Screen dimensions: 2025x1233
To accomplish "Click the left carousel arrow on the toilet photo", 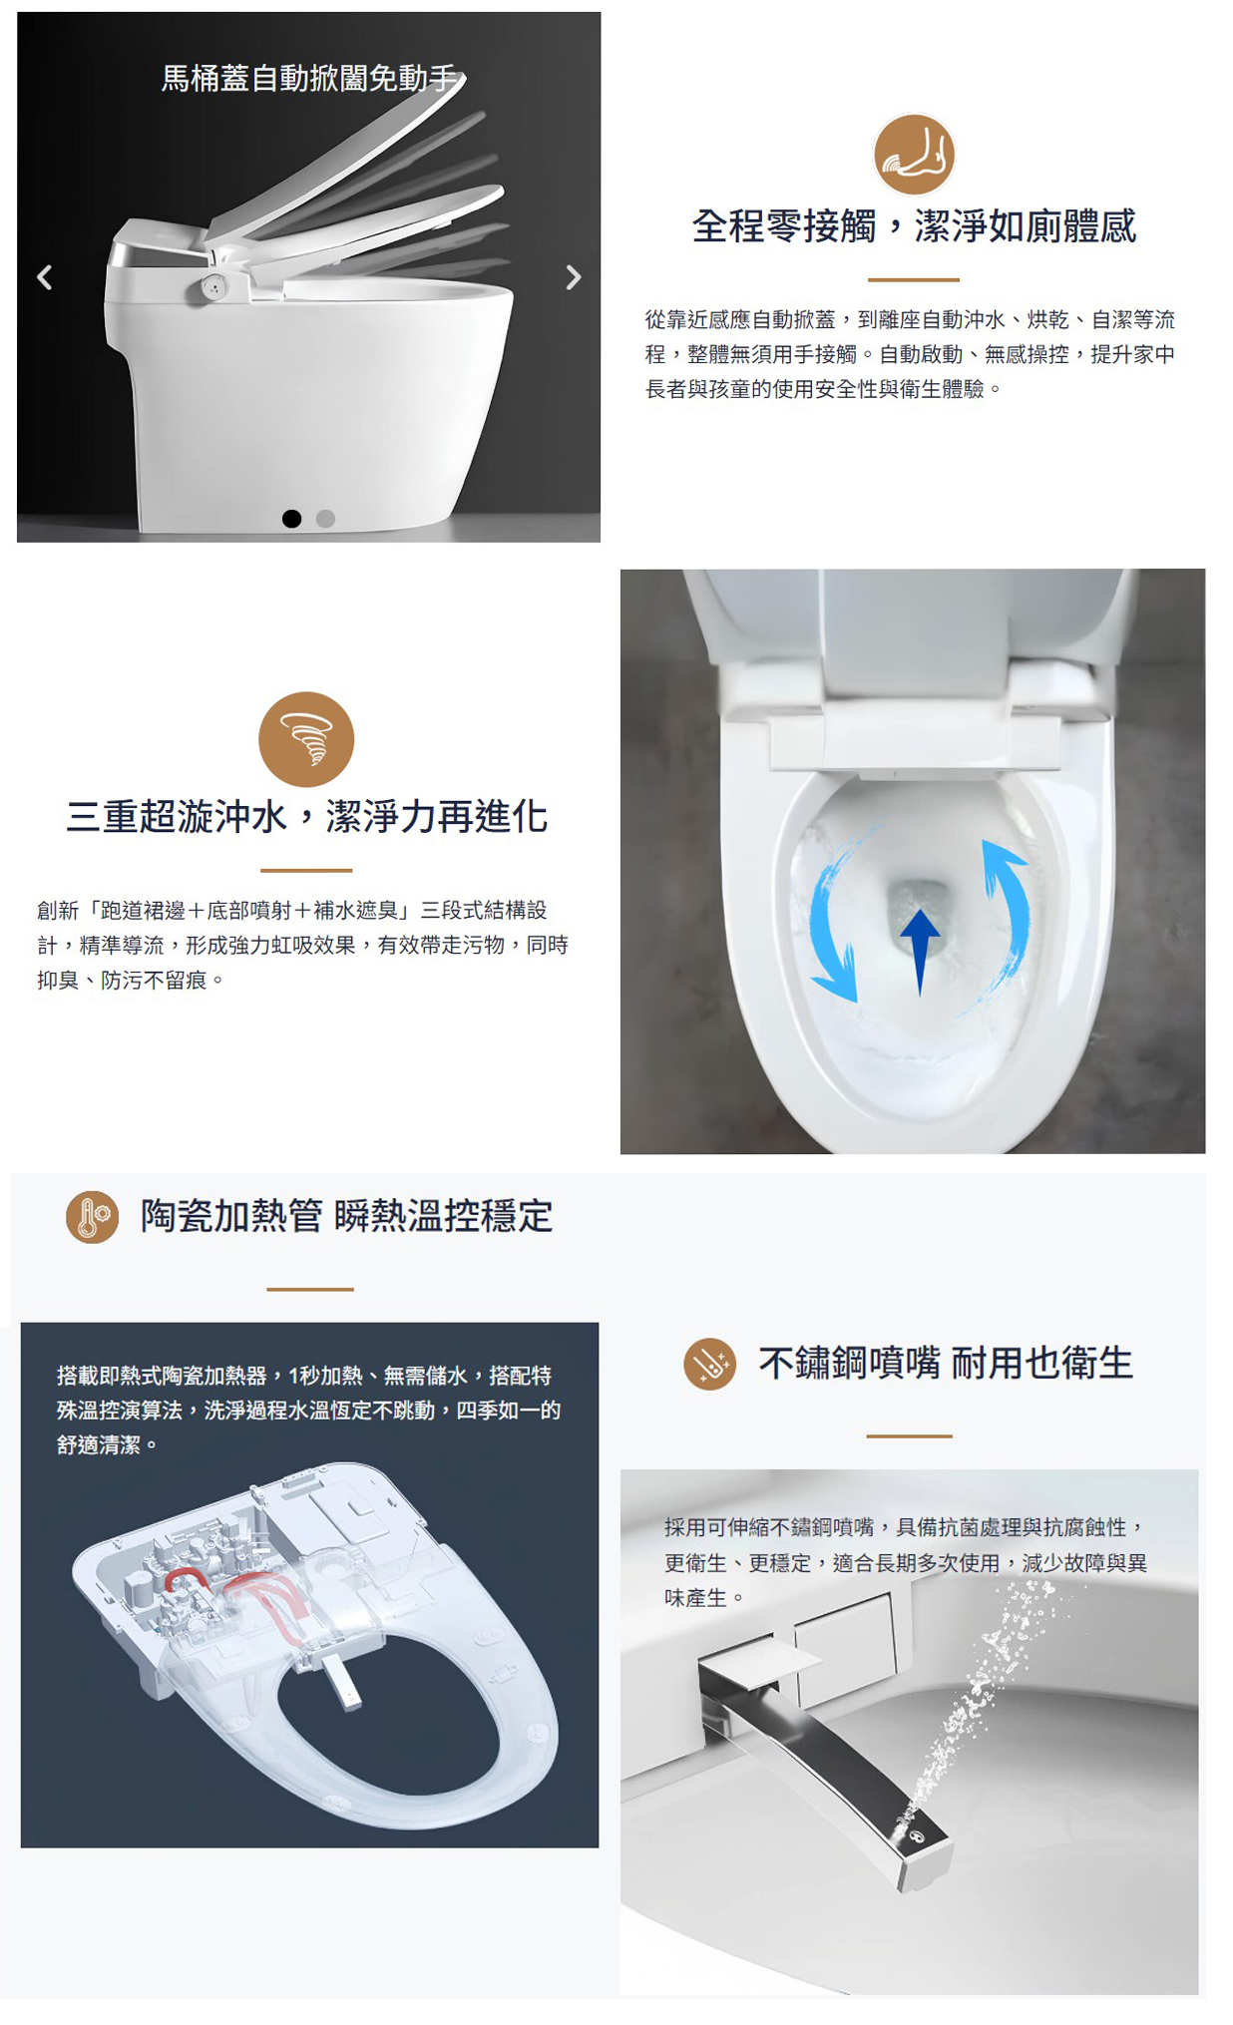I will click(x=44, y=277).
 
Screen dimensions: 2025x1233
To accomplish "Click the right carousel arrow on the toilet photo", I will click(x=573, y=277).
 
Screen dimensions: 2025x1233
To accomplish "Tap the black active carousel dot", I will click(x=291, y=519).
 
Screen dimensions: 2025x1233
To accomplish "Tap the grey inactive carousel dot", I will click(x=325, y=519).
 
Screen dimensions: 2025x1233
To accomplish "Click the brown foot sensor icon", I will click(x=914, y=155).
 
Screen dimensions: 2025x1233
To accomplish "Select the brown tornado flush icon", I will click(x=306, y=739).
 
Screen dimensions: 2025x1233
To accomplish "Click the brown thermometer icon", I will click(x=92, y=1217).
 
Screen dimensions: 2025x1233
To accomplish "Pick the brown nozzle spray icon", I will click(x=709, y=1364).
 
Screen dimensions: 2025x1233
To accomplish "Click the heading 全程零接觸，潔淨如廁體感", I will click(x=914, y=226).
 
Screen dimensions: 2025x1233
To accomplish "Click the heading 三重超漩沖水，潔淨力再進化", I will click(x=306, y=817).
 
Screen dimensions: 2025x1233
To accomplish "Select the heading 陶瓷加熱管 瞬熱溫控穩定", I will click(x=346, y=1217).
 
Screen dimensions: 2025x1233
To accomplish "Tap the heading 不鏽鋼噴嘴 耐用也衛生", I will click(x=945, y=1364).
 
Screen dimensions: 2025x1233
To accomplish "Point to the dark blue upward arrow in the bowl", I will click(x=920, y=949).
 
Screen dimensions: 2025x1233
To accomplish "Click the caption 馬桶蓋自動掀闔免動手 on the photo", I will click(x=309, y=78).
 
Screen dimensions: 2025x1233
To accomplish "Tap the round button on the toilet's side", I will click(x=213, y=287).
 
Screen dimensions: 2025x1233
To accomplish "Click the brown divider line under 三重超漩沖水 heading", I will click(x=306, y=871).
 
